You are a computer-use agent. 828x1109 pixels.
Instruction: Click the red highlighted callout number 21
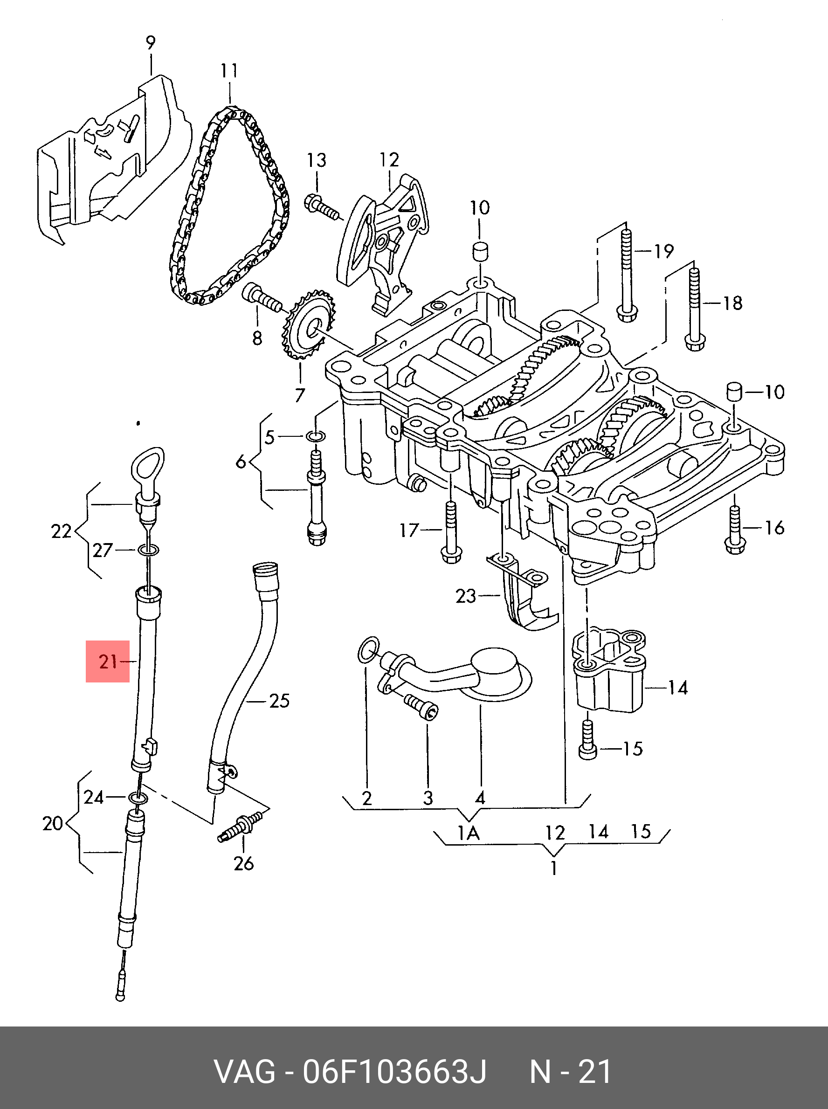tap(108, 662)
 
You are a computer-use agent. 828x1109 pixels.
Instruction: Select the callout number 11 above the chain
tap(229, 71)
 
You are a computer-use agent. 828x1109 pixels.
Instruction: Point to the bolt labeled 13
tap(322, 207)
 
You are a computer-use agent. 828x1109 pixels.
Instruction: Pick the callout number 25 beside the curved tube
tap(279, 701)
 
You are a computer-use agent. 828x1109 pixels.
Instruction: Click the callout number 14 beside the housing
tap(677, 688)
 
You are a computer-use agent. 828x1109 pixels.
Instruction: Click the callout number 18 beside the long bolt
tap(732, 303)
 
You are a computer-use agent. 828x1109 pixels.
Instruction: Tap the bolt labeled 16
tap(735, 530)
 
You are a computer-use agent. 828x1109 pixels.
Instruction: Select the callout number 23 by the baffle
tap(465, 596)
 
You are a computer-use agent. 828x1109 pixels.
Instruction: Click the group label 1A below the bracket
tap(469, 833)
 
